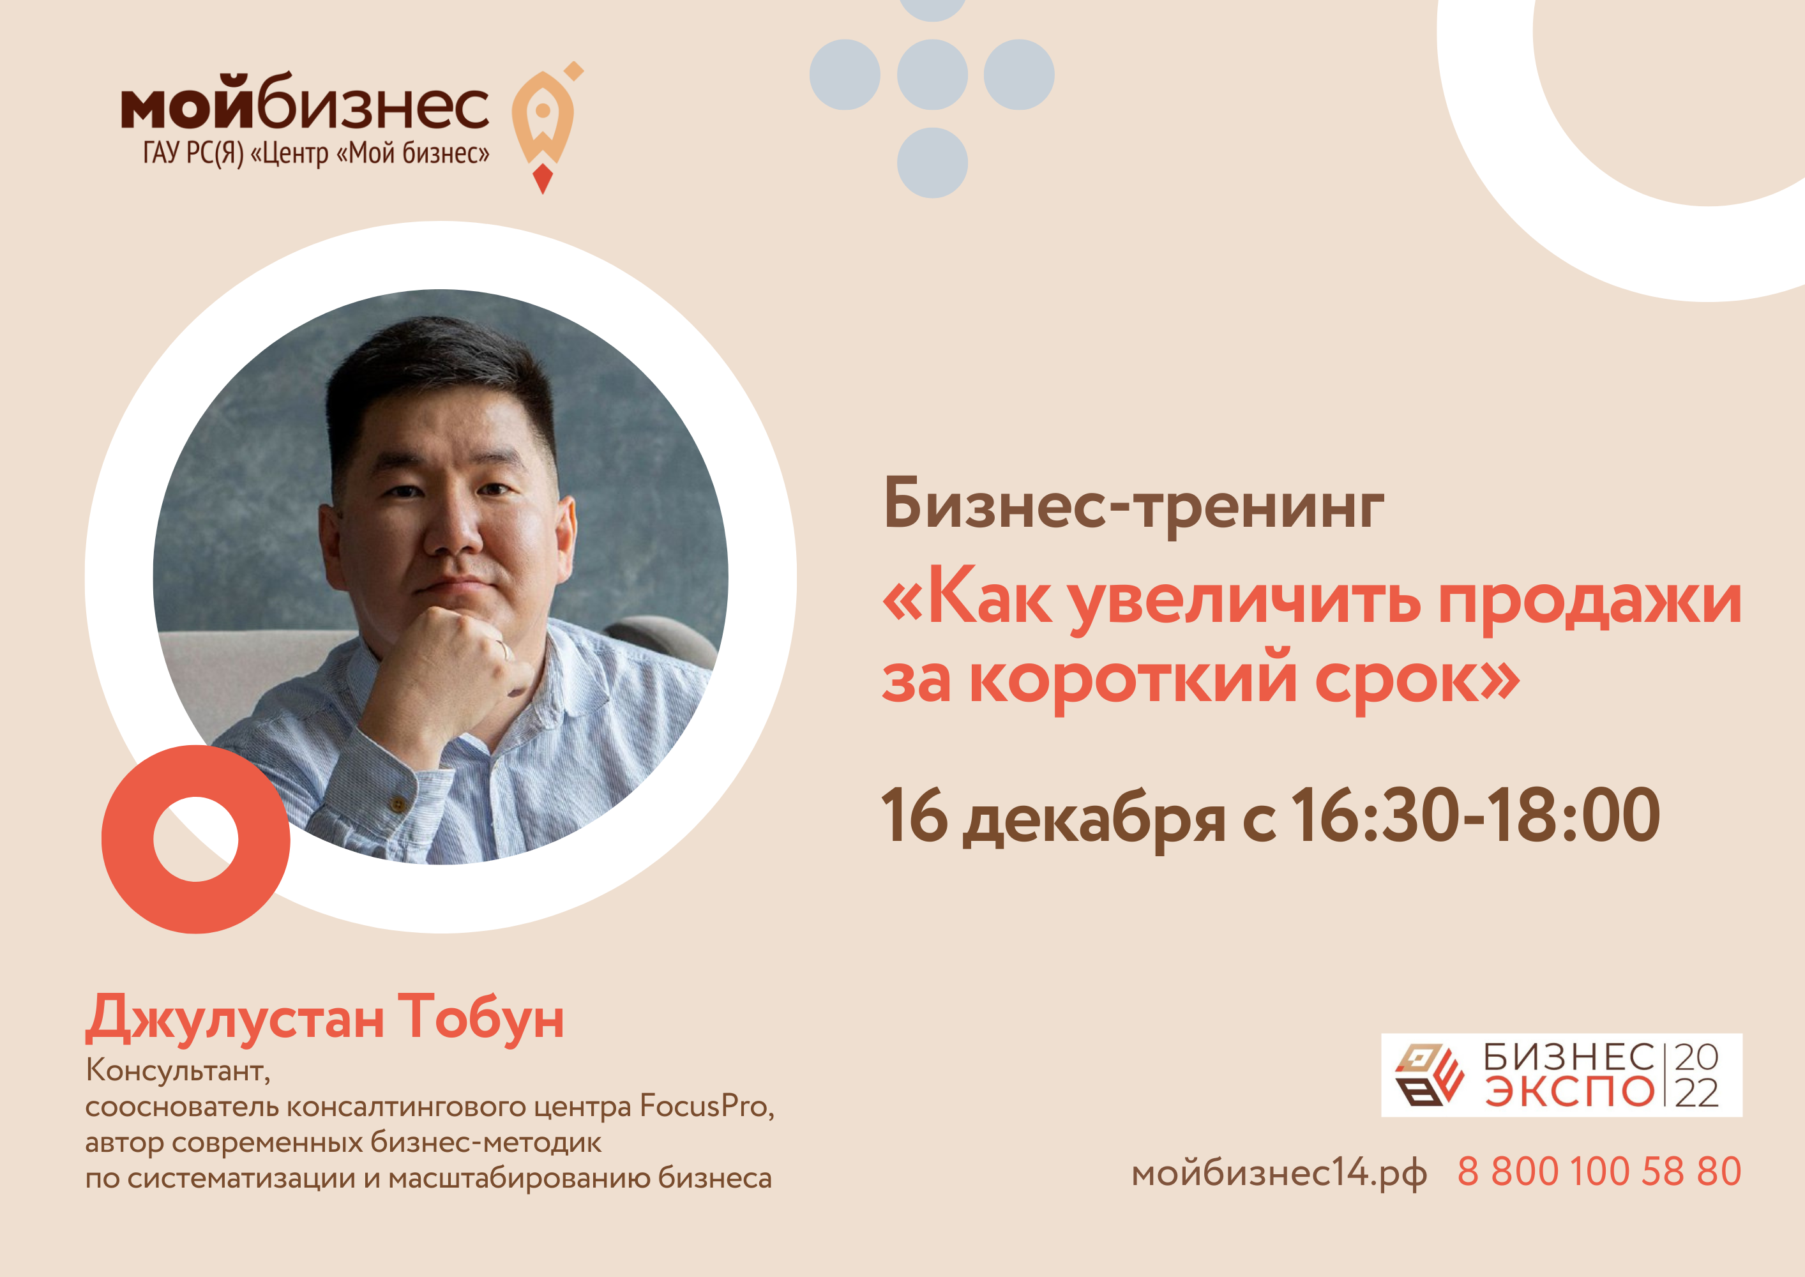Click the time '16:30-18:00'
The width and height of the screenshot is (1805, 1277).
tap(1475, 815)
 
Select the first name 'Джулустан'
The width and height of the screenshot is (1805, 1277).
tap(235, 1019)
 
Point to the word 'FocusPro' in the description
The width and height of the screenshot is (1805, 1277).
tap(703, 1107)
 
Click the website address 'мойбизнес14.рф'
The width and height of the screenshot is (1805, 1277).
tap(1279, 1174)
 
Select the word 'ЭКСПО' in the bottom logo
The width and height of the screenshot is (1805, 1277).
tap(1569, 1092)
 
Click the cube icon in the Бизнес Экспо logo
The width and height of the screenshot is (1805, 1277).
tap(1429, 1075)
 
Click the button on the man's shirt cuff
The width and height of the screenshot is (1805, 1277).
tap(398, 805)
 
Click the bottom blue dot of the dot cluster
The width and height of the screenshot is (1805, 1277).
tap(932, 163)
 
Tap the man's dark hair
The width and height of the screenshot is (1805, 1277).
tap(441, 370)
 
